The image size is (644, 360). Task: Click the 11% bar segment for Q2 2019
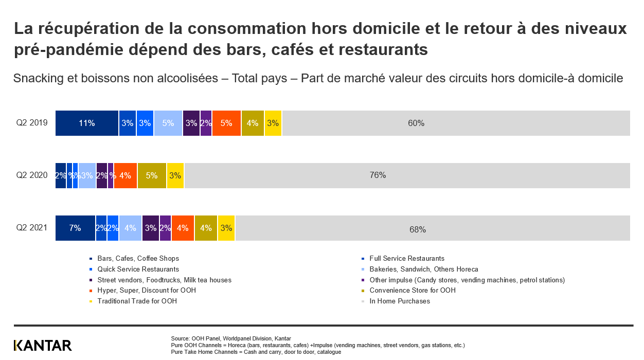pos(87,123)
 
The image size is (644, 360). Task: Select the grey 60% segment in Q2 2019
pos(456,123)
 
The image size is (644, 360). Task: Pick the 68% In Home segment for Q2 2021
pos(433,228)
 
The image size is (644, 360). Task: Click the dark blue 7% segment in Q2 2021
pos(75,228)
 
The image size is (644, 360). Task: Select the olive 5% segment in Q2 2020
pos(152,175)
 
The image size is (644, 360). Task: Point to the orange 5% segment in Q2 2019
pos(226,123)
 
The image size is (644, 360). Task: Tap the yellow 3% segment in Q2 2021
pos(226,228)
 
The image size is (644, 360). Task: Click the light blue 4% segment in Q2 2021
pos(130,228)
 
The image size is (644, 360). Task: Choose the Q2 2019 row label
pos(32,123)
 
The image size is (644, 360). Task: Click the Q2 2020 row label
pos(32,175)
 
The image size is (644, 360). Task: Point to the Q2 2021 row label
pos(32,228)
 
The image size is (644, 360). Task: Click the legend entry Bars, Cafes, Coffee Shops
pos(138,259)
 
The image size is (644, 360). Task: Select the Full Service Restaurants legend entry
pos(406,259)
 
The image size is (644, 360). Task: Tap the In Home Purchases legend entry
pos(399,301)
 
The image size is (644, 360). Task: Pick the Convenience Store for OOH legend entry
pos(412,291)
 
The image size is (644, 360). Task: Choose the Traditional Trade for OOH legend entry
pos(137,301)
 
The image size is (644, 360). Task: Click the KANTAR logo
pos(43,346)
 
